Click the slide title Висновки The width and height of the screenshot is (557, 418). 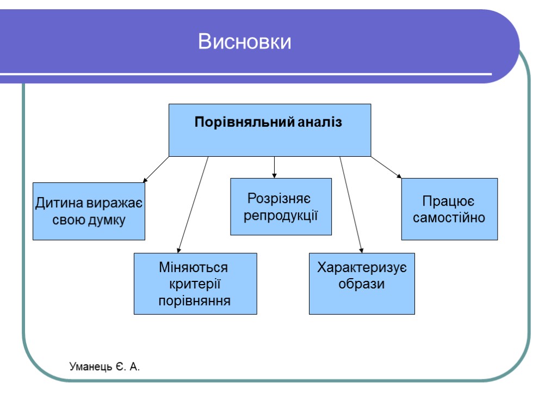245,42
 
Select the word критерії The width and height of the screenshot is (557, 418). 194,284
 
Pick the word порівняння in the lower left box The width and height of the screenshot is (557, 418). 194,300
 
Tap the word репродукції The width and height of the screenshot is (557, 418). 281,215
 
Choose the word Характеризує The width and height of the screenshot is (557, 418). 362,268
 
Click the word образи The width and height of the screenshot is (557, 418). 362,284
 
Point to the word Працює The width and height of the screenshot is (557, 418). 449,201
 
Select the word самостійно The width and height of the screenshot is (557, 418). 449,218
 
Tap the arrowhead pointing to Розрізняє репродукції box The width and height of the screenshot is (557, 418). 275,175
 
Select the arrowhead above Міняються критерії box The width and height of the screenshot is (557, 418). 179,250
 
